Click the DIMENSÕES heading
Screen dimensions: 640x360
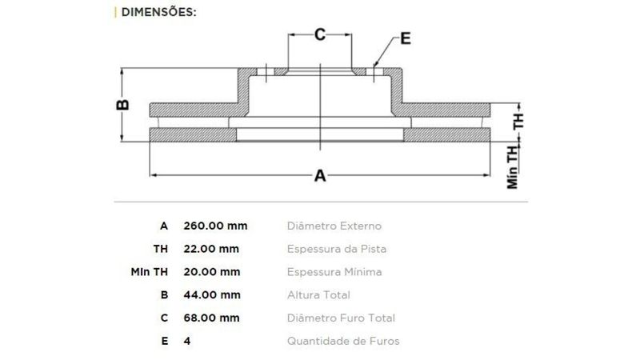click(158, 12)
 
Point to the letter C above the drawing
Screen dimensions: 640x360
click(320, 34)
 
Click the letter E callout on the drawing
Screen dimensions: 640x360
click(406, 38)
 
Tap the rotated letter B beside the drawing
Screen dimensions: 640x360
click(123, 105)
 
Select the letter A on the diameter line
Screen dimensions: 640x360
click(320, 176)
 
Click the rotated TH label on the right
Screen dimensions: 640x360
click(518, 122)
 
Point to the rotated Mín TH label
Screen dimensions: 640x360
click(512, 167)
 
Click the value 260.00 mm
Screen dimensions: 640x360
click(215, 226)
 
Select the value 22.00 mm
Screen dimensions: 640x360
click(211, 249)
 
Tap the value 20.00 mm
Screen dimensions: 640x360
click(211, 272)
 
